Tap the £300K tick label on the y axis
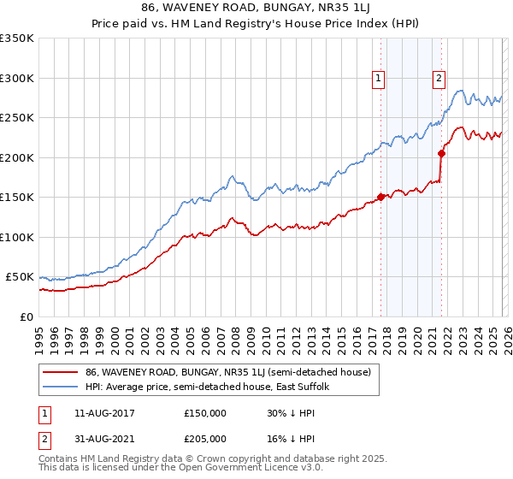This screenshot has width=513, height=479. [x=17, y=78]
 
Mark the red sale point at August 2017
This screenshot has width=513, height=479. [x=380, y=197]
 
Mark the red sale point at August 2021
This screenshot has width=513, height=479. [x=442, y=153]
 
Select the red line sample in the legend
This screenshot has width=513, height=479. [x=61, y=372]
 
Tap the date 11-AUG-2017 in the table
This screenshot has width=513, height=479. [x=104, y=413]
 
